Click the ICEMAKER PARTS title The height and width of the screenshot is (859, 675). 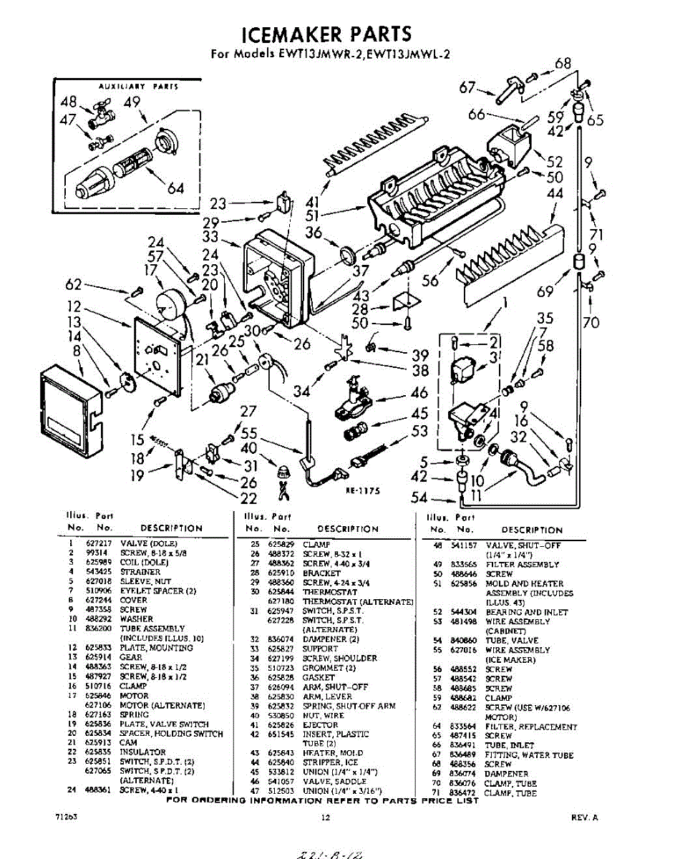[326, 34]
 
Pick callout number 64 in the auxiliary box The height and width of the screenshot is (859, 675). [176, 188]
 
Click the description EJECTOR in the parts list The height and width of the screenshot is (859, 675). [320, 724]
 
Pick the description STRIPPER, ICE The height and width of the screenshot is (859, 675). [330, 762]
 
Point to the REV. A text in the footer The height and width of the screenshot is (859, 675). [584, 816]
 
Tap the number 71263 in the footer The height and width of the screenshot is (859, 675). [65, 816]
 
